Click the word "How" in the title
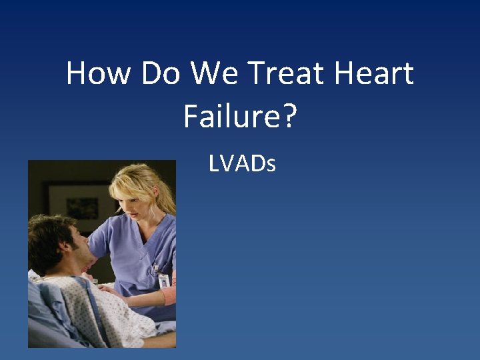click(x=99, y=73)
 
